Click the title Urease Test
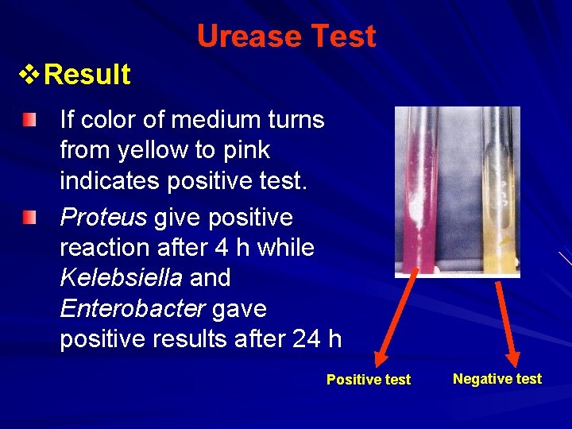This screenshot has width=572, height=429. [x=286, y=36]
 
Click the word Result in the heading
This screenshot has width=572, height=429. [x=87, y=75]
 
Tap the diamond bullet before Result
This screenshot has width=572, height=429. [x=29, y=75]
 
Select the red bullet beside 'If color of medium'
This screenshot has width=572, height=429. [x=29, y=120]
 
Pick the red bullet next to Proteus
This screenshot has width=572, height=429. [x=29, y=217]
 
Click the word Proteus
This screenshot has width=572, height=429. [x=103, y=218]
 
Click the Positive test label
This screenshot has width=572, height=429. [x=369, y=380]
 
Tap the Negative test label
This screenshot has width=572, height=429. [x=497, y=379]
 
